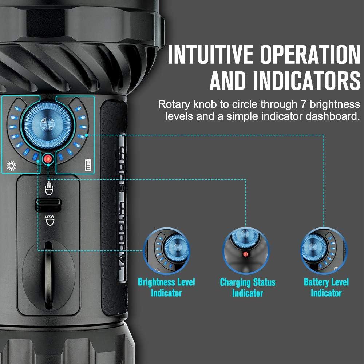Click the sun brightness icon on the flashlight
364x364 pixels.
[11, 167]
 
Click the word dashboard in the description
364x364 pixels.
[332, 117]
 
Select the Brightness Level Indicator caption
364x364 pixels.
[166, 287]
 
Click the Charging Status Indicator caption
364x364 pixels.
[248, 287]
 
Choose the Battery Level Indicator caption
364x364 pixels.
[326, 287]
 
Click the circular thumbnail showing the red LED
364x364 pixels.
[246, 251]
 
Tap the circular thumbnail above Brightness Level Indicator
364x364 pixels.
[167, 251]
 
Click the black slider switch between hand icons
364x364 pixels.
[48, 204]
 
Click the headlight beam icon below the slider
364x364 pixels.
[48, 220]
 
